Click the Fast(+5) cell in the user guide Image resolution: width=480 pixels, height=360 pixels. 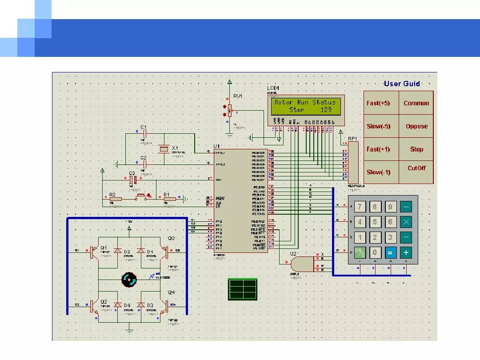coord(378,103)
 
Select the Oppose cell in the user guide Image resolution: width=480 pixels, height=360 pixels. coord(416,126)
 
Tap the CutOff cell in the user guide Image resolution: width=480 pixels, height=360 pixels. coord(416,168)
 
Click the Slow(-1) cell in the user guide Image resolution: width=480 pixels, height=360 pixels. coord(378,172)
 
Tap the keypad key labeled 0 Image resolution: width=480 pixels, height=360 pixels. coord(375,252)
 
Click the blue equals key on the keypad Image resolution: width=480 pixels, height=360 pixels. coord(390,252)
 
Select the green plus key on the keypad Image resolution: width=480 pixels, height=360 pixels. coord(405,252)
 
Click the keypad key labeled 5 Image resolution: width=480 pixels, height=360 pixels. coord(375,222)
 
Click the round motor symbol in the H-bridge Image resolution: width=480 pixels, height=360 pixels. coord(129,279)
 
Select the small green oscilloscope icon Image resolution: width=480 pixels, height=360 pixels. coord(243,289)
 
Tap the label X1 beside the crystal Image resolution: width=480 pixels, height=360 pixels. coord(175,148)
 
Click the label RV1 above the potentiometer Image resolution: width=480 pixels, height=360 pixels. coord(238,96)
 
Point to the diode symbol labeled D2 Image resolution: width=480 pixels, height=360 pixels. coord(118,251)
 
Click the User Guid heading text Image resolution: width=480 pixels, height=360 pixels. coord(402,84)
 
